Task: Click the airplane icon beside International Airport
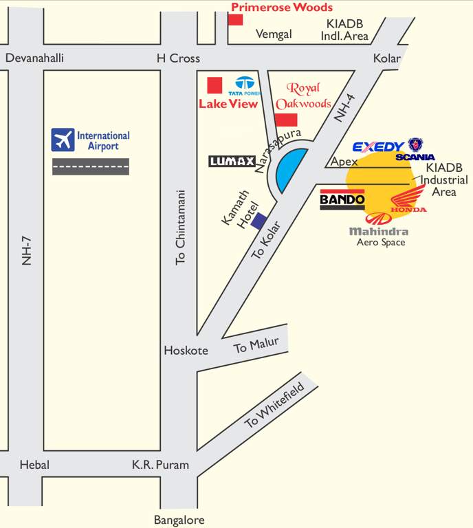pyautogui.click(x=63, y=140)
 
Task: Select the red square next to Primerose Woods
pyautogui.click(x=236, y=19)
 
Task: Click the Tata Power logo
pyautogui.click(x=245, y=86)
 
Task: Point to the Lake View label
pyautogui.click(x=228, y=104)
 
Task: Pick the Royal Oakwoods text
pyautogui.click(x=303, y=96)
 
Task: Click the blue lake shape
pyautogui.click(x=289, y=171)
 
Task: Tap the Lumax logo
pyautogui.click(x=232, y=162)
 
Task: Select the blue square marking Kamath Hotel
pyautogui.click(x=258, y=221)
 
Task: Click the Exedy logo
pyautogui.click(x=378, y=146)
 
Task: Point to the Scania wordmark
pyautogui.click(x=415, y=157)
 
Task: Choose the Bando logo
pyautogui.click(x=342, y=201)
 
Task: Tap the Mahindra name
pyautogui.click(x=378, y=232)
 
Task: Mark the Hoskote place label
pyautogui.click(x=186, y=351)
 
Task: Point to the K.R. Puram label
pyautogui.click(x=160, y=465)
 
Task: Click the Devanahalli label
pyautogui.click(x=34, y=58)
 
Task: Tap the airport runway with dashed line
pyautogui.click(x=91, y=166)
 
